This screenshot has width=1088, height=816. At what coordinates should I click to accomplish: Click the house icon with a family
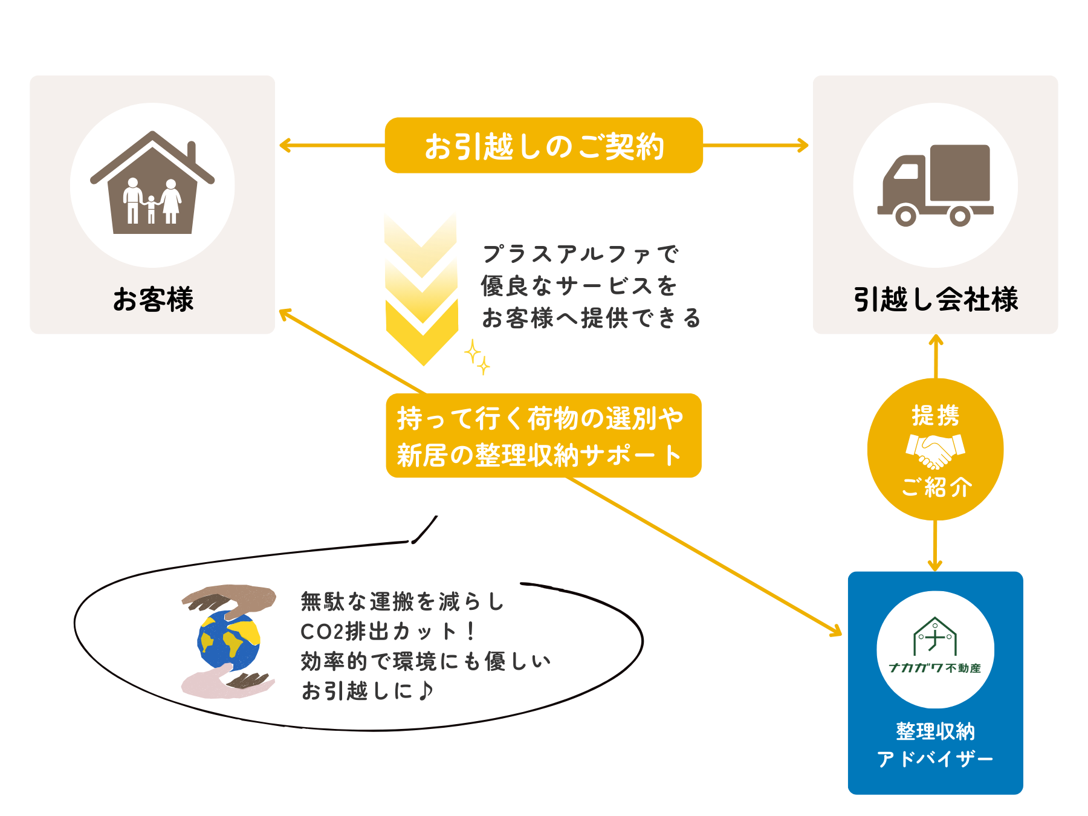pos(152,184)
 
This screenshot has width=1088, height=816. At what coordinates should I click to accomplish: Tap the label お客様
pos(153,299)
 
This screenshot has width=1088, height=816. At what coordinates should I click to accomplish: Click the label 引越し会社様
pos(935,299)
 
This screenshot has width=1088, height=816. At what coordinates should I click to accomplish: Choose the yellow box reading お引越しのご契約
pos(543,146)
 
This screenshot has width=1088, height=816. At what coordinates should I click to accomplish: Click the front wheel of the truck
pos(905,215)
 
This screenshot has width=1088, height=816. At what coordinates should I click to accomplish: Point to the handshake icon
pos(935,450)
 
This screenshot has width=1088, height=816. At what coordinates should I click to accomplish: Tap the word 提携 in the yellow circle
pos(935,416)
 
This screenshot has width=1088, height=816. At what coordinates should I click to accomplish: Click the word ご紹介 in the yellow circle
pos(936,487)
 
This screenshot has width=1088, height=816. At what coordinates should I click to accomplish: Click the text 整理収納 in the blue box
pos(935,731)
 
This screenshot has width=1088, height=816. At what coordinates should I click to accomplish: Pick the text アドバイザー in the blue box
pos(935,759)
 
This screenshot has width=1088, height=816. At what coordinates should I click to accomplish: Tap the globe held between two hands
pos(229,641)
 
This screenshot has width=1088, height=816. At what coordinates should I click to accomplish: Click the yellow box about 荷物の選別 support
pos(543,436)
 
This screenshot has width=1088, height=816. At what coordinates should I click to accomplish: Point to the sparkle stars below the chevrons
pos(477,357)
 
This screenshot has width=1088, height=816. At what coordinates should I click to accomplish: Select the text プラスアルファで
pos(580,254)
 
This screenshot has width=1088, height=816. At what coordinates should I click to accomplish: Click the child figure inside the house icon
pos(151,209)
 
